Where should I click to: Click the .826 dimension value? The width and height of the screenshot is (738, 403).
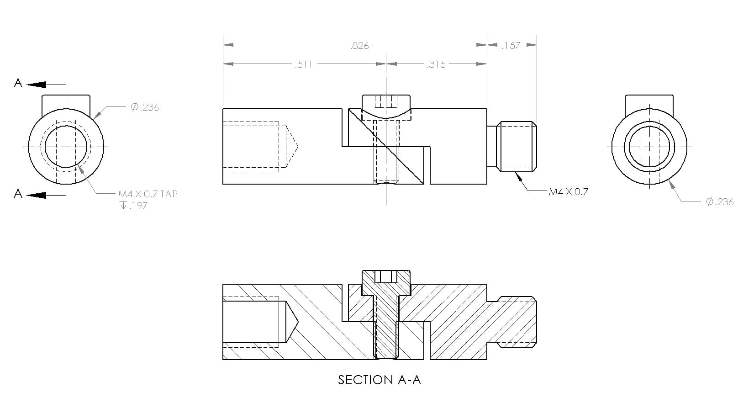pyautogui.click(x=359, y=46)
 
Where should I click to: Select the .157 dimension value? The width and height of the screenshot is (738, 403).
pyautogui.click(x=511, y=46)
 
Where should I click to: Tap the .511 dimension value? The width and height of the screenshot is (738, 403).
pyautogui.click(x=304, y=64)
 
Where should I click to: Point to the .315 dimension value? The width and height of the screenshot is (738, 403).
pyautogui.click(x=436, y=64)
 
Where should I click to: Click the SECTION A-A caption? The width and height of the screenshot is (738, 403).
pyautogui.click(x=379, y=380)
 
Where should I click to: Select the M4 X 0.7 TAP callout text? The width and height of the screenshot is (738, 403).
pyautogui.click(x=148, y=194)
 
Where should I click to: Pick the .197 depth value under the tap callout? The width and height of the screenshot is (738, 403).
pyautogui.click(x=138, y=206)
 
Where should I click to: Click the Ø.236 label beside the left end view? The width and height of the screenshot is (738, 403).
pyautogui.click(x=145, y=107)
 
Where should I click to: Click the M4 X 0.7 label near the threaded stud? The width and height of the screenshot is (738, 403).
pyautogui.click(x=568, y=192)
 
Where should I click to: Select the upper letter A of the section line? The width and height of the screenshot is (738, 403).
pyautogui.click(x=18, y=83)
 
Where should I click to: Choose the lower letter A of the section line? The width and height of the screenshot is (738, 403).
pyautogui.click(x=18, y=194)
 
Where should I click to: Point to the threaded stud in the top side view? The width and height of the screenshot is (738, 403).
pyautogui.click(x=517, y=147)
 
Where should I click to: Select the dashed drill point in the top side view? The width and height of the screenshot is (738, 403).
pyautogui.click(x=291, y=147)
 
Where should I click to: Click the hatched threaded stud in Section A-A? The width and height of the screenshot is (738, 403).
pyautogui.click(x=517, y=322)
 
